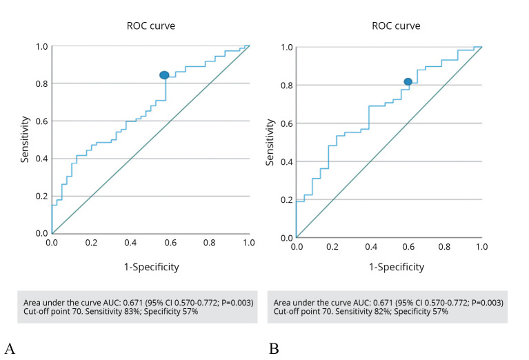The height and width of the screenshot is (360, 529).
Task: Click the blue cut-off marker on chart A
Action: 164,75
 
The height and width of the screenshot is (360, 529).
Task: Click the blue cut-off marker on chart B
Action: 408,82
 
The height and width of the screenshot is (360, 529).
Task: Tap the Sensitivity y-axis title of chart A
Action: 25,140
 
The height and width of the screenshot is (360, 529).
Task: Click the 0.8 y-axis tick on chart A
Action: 41,84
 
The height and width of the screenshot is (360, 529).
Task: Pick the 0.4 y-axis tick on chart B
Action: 286,161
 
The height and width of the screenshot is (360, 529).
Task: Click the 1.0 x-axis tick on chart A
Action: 249,243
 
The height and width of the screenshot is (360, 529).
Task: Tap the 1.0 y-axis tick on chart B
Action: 286,47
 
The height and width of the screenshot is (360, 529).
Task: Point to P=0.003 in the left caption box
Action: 233,303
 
